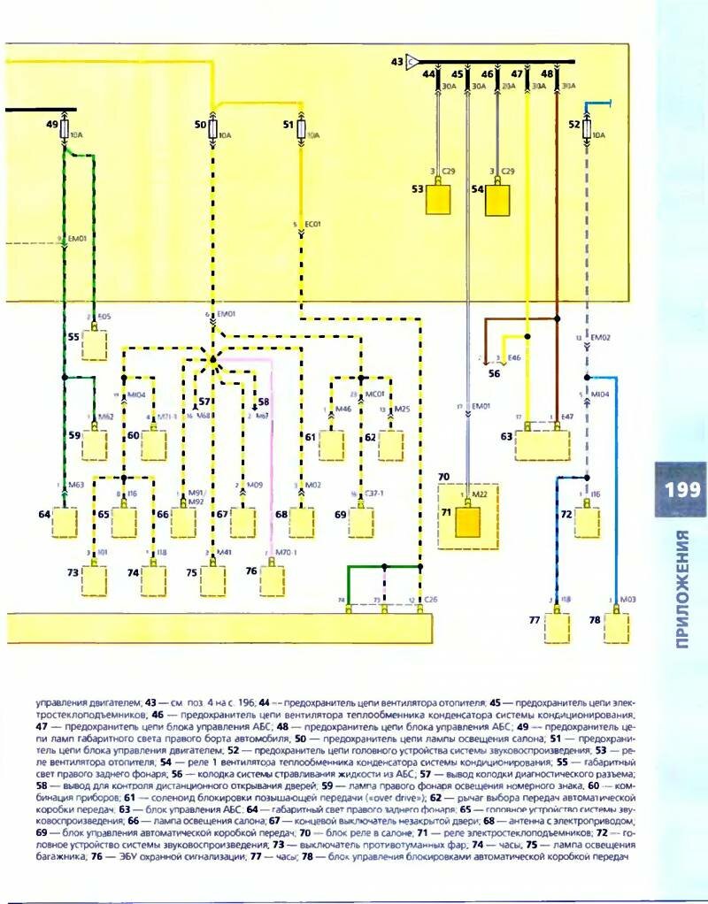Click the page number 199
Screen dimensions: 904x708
(x=681, y=489)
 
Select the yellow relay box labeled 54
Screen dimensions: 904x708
(x=499, y=199)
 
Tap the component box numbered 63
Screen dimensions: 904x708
(x=542, y=444)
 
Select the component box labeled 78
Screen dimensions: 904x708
(x=617, y=628)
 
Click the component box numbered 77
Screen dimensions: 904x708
(x=558, y=628)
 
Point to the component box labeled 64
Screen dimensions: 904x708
(x=65, y=522)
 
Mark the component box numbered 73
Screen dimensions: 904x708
(x=95, y=580)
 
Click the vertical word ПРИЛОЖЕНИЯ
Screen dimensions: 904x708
(x=682, y=589)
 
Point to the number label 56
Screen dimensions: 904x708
(x=494, y=374)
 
